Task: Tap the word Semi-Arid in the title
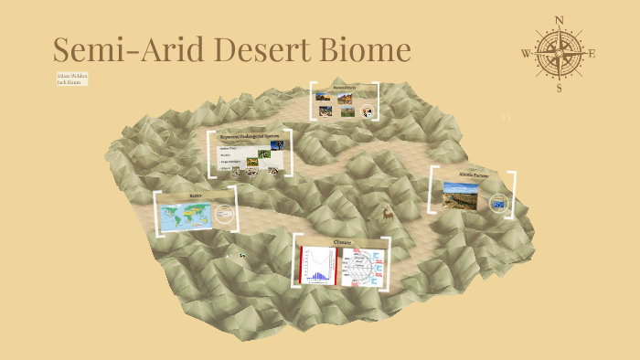[x=121, y=49]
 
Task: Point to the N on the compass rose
[x=559, y=18]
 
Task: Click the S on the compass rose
[x=559, y=89]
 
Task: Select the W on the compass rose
[x=526, y=54]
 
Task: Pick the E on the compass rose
[x=592, y=54]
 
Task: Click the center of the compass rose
[x=559, y=53]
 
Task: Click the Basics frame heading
[x=195, y=196]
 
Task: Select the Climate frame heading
[x=342, y=242]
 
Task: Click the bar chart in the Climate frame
[x=315, y=266]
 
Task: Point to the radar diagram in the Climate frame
[x=363, y=266]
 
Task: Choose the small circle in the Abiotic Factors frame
[x=497, y=203]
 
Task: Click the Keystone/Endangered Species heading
[x=248, y=136]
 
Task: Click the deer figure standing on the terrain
[x=387, y=216]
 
